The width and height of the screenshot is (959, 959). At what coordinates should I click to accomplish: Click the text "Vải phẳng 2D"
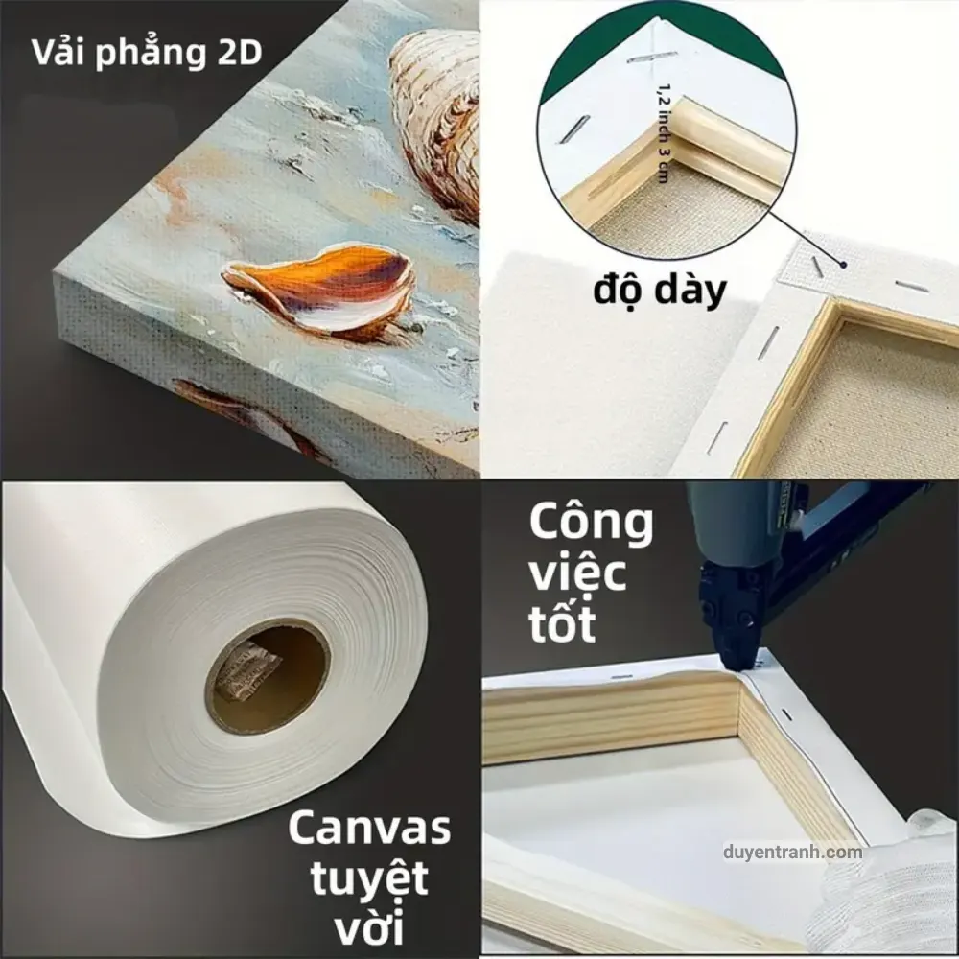click(x=147, y=53)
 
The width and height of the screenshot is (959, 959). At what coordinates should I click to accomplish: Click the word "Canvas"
click(x=369, y=829)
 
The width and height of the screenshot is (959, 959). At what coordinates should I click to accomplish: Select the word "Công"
click(x=591, y=524)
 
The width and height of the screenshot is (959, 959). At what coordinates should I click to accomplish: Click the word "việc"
click(x=577, y=573)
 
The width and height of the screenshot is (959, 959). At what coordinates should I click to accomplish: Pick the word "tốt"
click(x=561, y=622)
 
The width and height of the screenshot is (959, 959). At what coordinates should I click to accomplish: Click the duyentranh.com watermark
click(x=793, y=852)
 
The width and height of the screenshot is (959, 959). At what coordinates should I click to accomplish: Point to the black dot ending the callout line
click(x=843, y=265)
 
